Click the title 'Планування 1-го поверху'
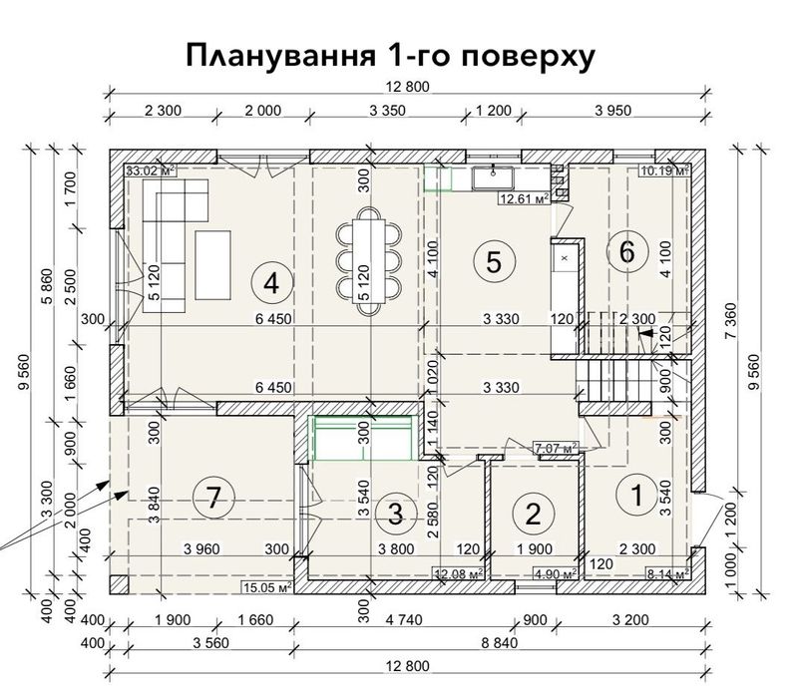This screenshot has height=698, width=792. [390, 58]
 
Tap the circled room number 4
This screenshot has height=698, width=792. [269, 282]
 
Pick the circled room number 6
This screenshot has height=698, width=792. [626, 252]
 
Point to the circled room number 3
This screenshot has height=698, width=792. [396, 514]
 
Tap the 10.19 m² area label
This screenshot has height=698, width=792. [665, 171]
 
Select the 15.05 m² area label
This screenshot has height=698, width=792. [263, 587]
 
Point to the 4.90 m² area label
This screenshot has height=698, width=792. [556, 573]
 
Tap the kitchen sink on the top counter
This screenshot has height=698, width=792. [493, 177]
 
